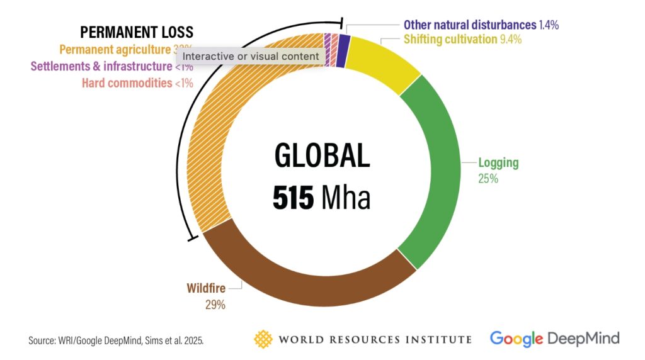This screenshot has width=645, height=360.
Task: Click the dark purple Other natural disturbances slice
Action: pyautogui.click(x=342, y=51)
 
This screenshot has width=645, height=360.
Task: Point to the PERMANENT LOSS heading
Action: pyautogui.click(x=136, y=32)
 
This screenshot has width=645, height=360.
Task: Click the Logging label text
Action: pyautogui.click(x=498, y=162)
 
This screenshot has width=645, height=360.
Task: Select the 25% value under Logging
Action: pyautogui.click(x=488, y=179)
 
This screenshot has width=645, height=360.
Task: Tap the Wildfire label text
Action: pyautogui.click(x=206, y=289)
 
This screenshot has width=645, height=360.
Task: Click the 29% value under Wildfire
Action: pyautogui.click(x=215, y=305)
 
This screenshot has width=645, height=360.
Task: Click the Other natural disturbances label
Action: pyautogui.click(x=469, y=25)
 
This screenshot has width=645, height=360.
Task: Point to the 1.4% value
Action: pyautogui.click(x=549, y=25)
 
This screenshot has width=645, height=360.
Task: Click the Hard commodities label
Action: pyautogui.click(x=127, y=82)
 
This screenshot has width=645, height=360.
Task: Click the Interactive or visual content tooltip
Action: pyautogui.click(x=251, y=56)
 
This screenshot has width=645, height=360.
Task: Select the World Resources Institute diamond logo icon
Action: pyautogui.click(x=263, y=339)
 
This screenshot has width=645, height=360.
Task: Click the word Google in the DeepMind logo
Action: pyautogui.click(x=516, y=338)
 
